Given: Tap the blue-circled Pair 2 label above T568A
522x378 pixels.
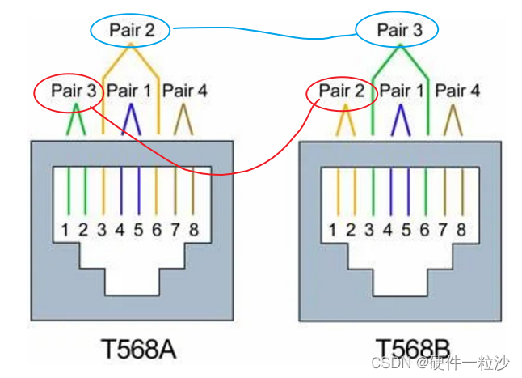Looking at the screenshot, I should pyautogui.click(x=129, y=32).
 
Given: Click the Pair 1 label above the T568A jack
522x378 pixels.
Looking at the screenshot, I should pyautogui.click(x=129, y=91).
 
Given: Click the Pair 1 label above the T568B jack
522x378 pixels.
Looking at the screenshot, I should pyautogui.click(x=399, y=91).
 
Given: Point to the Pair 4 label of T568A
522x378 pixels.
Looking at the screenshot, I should pyautogui.click(x=184, y=91).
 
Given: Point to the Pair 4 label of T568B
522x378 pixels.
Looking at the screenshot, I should pyautogui.click(x=456, y=91).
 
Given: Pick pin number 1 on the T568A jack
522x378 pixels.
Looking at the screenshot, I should pyautogui.click(x=65, y=229).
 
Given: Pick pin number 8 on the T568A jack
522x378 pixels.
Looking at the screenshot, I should pyautogui.click(x=193, y=229).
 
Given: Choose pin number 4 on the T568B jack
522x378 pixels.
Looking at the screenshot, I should pyautogui.click(x=388, y=229).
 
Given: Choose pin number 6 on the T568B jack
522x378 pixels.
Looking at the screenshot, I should pyautogui.click(x=426, y=229).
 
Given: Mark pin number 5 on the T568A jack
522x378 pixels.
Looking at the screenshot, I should pyautogui.click(x=138, y=229).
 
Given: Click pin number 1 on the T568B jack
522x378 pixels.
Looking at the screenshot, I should pyautogui.click(x=333, y=229).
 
